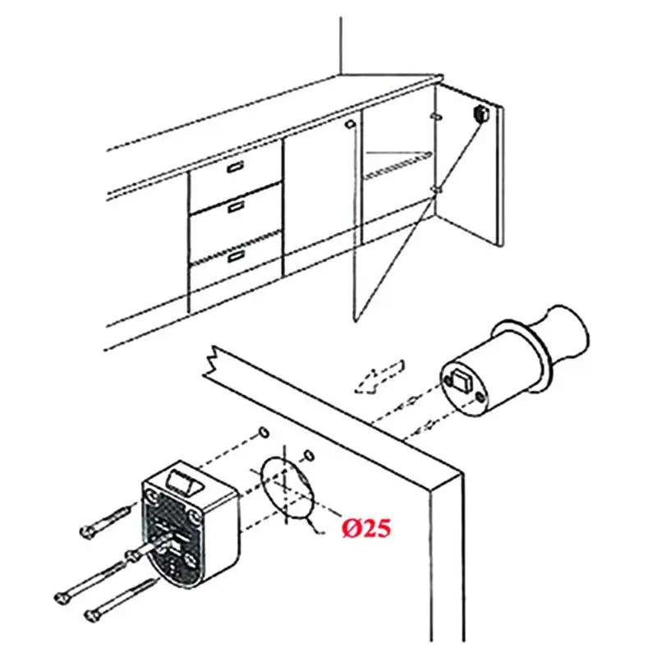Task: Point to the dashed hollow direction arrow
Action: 379,377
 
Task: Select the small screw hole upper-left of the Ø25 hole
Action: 264,432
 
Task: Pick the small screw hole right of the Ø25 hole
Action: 309,456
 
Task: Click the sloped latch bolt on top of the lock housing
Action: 184,481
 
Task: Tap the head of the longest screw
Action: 61,597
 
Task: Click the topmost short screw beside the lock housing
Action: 108,519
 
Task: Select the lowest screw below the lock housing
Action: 121,600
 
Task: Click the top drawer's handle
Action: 236,167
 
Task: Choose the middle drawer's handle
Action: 237,207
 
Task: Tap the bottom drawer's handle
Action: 237,255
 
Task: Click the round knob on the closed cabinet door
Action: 350,124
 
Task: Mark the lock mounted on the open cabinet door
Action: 480,113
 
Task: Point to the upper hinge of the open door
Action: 436,116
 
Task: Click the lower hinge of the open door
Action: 436,191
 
